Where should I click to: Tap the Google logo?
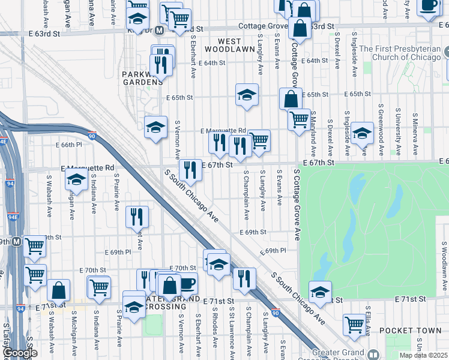click(20, 353)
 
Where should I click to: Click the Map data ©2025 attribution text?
click(423, 355)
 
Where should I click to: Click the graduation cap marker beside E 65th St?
click(247, 95)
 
